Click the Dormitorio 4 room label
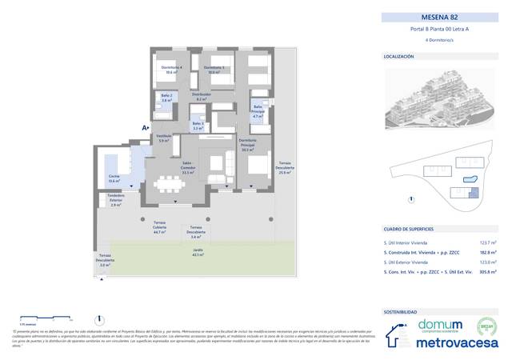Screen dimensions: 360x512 click(170, 70)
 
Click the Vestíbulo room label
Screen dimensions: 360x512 click(164, 138)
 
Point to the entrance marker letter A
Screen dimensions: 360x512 click(144, 127)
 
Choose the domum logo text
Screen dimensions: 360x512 click(438, 324)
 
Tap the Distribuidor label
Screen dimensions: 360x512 click(201, 96)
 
